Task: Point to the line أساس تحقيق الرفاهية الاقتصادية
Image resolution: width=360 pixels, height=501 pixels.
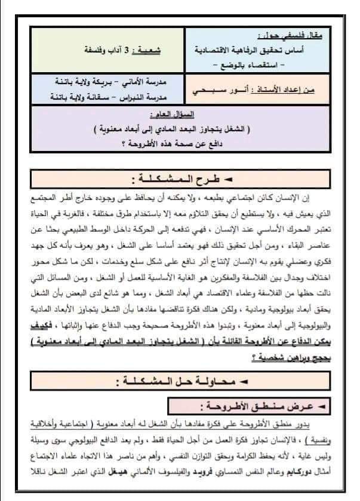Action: click(266, 51)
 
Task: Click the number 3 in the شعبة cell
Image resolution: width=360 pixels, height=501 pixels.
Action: click(127, 50)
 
